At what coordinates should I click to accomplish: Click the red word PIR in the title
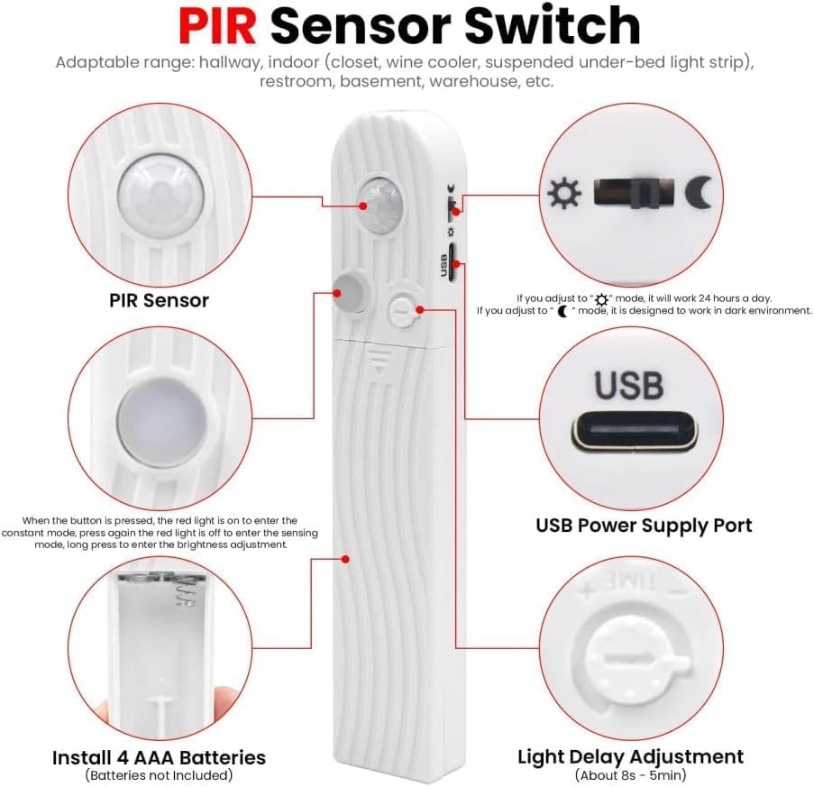point(217,26)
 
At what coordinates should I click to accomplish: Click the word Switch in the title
point(552,26)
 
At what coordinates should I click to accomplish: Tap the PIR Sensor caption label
point(159,300)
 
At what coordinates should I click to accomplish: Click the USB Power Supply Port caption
point(644,526)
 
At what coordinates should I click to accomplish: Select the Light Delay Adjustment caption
point(630,757)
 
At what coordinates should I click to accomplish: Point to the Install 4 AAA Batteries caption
point(159,757)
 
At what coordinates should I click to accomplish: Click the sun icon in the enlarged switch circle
point(564,193)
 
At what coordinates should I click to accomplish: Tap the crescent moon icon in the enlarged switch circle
point(698,193)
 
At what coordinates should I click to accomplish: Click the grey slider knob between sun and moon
point(645,193)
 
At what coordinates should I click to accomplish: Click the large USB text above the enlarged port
point(628,385)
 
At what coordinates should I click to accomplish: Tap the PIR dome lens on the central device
point(381,206)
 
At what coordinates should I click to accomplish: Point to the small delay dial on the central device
point(403,310)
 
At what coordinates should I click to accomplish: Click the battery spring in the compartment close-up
point(183,590)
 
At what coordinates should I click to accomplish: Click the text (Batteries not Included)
point(159,775)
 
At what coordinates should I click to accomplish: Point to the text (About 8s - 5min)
point(630,775)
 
